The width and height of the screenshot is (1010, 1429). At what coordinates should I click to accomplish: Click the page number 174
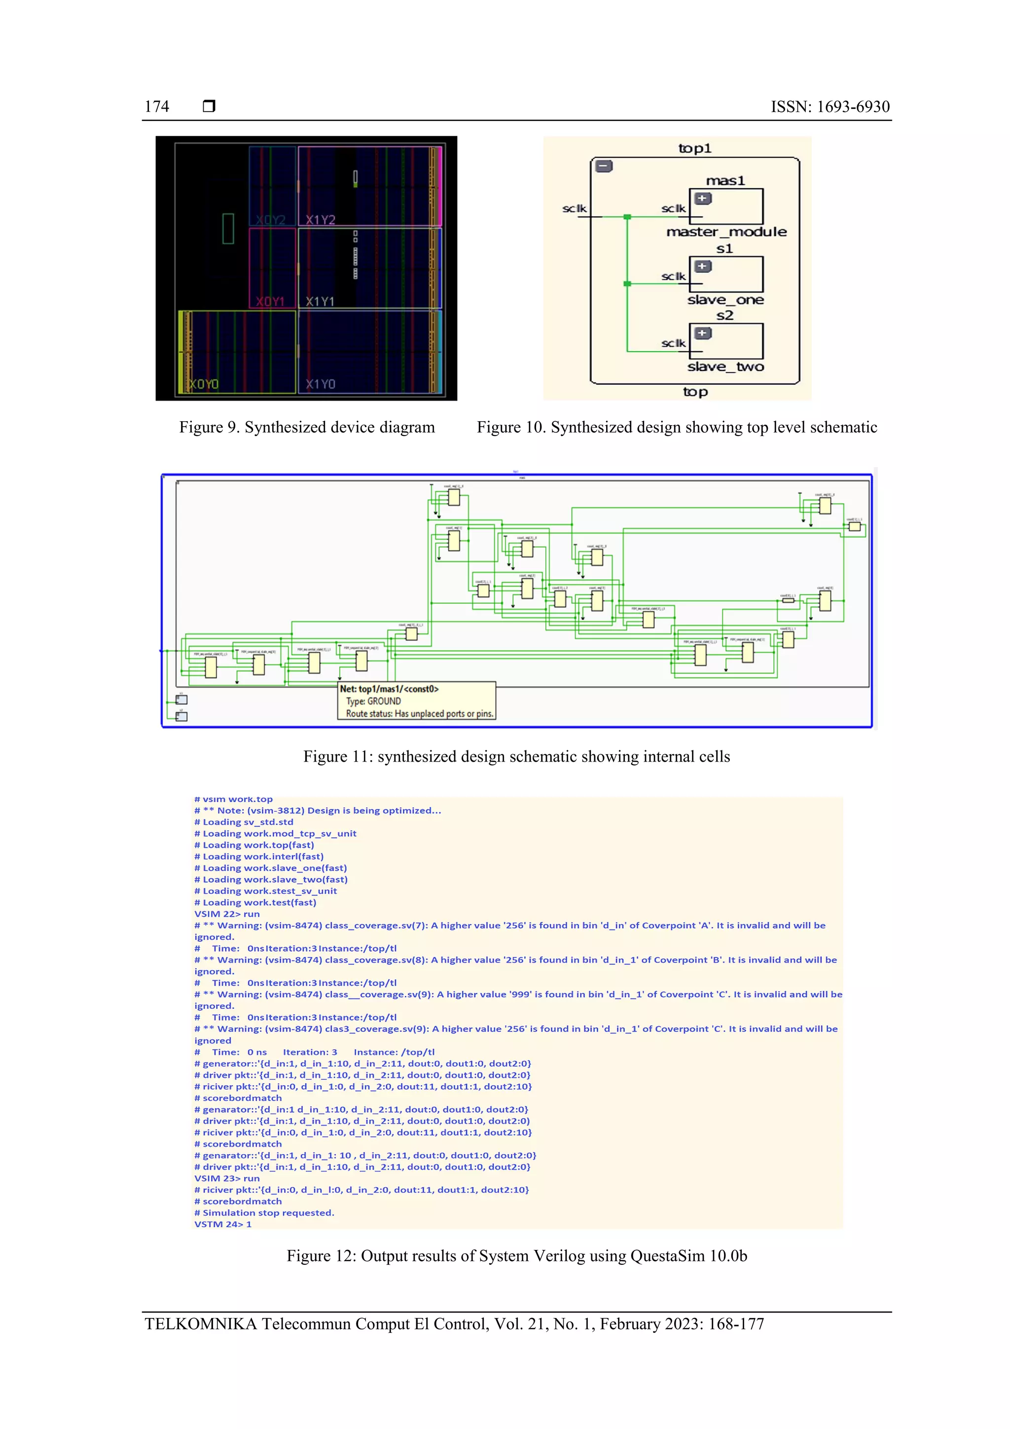157,107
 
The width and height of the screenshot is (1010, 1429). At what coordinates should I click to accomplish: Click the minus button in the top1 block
604,166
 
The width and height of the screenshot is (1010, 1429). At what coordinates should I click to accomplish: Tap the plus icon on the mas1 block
703,199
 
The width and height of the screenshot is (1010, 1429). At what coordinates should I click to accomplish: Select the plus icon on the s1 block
703,266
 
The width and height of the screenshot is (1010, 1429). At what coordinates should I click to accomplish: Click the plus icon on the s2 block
703,333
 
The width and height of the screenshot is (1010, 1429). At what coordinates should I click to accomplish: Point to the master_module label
726,232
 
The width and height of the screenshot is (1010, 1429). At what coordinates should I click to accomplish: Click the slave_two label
725,367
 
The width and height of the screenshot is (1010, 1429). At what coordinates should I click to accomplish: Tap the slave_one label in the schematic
725,300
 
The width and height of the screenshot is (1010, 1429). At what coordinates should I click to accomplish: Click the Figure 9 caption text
307,427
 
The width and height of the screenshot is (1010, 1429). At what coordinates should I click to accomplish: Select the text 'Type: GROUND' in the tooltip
373,701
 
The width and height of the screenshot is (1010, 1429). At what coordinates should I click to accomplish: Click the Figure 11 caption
516,756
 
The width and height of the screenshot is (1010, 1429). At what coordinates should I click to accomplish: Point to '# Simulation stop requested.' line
264,1212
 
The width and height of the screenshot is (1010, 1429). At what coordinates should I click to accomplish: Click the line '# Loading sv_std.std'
244,822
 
